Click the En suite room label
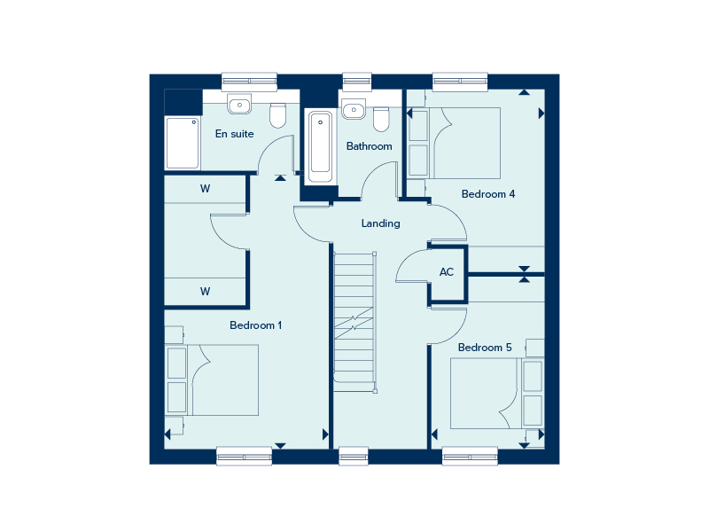[234, 134]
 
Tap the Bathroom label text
[369, 146]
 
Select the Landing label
[381, 223]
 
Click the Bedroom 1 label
[255, 325]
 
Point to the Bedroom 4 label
[488, 194]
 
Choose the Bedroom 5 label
[485, 348]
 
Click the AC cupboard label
[447, 272]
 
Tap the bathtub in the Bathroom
[321, 145]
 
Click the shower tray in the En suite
[183, 143]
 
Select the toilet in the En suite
[277, 115]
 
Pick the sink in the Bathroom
[353, 109]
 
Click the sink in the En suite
[239, 105]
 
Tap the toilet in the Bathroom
[381, 119]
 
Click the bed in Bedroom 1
[212, 380]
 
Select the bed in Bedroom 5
[497, 394]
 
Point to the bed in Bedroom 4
[454, 143]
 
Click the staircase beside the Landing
[354, 322]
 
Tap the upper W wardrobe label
[206, 189]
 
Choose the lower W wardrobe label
[206, 292]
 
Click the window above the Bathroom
[357, 82]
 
